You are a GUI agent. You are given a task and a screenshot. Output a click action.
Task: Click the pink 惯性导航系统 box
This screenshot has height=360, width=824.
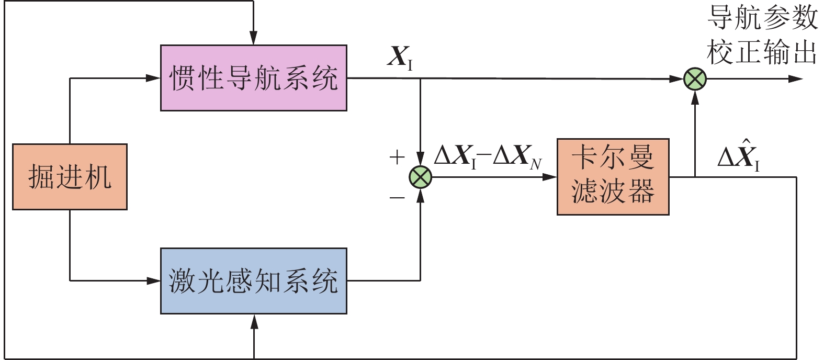[x=253, y=78]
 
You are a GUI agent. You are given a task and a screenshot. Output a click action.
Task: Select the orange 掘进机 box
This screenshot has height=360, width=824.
[x=70, y=177]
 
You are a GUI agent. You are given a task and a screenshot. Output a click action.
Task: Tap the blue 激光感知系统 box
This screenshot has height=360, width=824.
[x=253, y=281]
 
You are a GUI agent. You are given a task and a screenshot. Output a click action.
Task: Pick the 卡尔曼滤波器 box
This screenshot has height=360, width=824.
[x=613, y=177]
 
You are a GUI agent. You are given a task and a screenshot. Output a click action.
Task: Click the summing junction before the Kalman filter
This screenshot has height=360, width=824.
[x=420, y=177]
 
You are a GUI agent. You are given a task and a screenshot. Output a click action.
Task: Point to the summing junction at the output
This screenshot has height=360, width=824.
[x=695, y=80]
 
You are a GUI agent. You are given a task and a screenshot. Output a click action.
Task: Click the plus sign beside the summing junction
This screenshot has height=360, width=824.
[x=397, y=156]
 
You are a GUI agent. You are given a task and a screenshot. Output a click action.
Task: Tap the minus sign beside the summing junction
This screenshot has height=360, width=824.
[x=397, y=197]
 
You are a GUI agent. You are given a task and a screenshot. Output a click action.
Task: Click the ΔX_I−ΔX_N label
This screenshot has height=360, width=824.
[x=488, y=156]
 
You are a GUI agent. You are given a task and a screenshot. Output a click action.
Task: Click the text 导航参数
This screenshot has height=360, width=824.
[x=762, y=17]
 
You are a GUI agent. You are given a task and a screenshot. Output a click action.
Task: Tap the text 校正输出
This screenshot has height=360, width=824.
[x=762, y=52]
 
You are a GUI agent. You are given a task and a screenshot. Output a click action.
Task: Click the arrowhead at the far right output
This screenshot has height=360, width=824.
[x=796, y=79]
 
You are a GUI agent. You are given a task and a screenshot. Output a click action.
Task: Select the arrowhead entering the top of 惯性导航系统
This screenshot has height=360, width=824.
[x=253, y=39]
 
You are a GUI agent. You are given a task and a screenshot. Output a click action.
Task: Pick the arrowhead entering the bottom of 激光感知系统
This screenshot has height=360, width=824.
[x=254, y=321]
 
